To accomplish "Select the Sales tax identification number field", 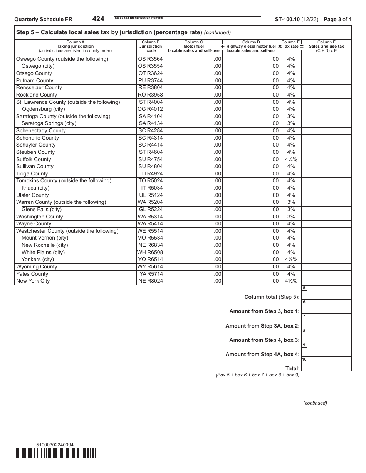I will click(187, 21).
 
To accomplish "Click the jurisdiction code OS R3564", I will click(150, 59).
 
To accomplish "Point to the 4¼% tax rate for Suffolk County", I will click(291, 159).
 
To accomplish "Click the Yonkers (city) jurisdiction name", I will click(38, 260).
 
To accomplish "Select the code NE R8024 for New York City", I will click(150, 281).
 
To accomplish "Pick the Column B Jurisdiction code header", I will click(150, 46).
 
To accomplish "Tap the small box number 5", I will click(304, 288).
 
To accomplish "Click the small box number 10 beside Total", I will click(304, 360).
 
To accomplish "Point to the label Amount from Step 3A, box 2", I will click(262, 326).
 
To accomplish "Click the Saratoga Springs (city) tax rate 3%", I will click(291, 123).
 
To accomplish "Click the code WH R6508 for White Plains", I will click(150, 253).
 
